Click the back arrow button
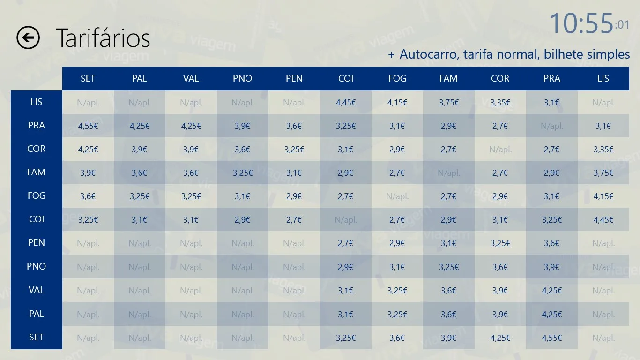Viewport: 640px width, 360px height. pyautogui.click(x=28, y=37)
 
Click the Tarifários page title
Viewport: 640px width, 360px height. pyautogui.click(x=103, y=38)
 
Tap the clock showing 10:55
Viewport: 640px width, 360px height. pyautogui.click(x=589, y=23)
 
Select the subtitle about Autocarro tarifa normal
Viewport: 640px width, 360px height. pyautogui.click(x=508, y=54)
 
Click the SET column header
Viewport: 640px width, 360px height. pyautogui.click(x=88, y=78)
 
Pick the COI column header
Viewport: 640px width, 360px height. pyautogui.click(x=346, y=78)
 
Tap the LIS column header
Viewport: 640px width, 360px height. pyautogui.click(x=603, y=78)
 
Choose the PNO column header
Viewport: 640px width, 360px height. pyautogui.click(x=242, y=78)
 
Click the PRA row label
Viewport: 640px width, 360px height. pyautogui.click(x=36, y=125)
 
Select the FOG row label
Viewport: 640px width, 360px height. pyautogui.click(x=36, y=195)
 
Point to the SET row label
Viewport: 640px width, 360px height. pyautogui.click(x=36, y=337)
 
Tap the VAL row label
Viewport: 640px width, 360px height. pyautogui.click(x=36, y=290)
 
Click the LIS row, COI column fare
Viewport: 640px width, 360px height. pyautogui.click(x=346, y=102)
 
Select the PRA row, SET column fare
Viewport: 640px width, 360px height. pyautogui.click(x=88, y=126)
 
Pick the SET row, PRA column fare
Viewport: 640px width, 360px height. pyautogui.click(x=552, y=337)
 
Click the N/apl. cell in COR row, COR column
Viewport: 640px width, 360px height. pyautogui.click(x=500, y=149)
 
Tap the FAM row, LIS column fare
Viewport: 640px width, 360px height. pyautogui.click(x=603, y=172)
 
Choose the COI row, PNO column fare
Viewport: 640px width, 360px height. pyautogui.click(x=242, y=219)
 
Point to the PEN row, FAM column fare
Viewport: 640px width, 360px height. pyautogui.click(x=448, y=243)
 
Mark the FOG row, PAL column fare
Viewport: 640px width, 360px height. pyautogui.click(x=140, y=196)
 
